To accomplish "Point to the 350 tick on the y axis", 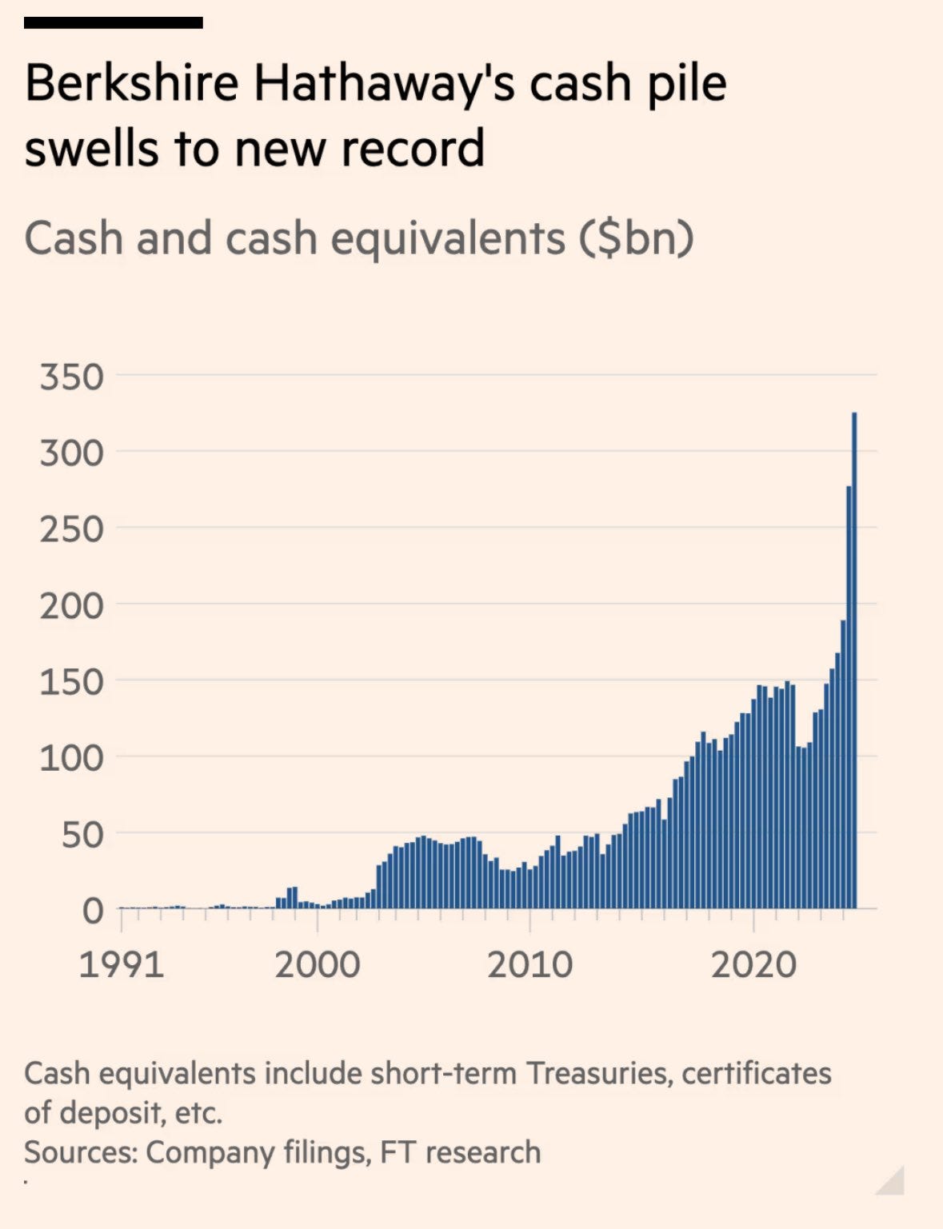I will (72, 377).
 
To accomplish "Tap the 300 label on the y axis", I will (72, 453).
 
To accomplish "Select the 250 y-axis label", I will (72, 529).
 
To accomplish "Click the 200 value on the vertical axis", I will (72, 606).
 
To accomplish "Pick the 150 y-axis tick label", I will (72, 682).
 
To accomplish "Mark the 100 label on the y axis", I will (72, 758).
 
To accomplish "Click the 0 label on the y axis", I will (93, 911).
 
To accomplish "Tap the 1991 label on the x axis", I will (121, 965).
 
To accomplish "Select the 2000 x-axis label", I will (317, 965).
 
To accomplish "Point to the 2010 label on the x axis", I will (529, 965).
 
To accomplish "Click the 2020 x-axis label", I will (753, 965).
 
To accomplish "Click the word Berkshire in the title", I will (132, 83).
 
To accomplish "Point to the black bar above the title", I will (113, 22).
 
